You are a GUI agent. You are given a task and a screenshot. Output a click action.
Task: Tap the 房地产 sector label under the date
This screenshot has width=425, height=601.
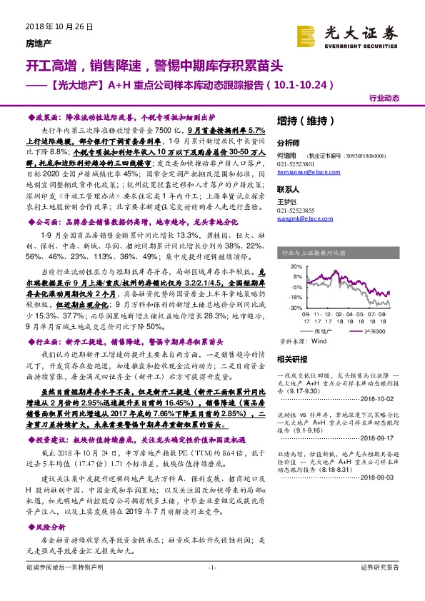click(29, 41)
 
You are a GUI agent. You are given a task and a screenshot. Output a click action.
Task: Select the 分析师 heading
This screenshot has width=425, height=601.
click(289, 142)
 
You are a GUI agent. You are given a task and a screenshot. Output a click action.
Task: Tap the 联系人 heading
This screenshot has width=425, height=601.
click(289, 190)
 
